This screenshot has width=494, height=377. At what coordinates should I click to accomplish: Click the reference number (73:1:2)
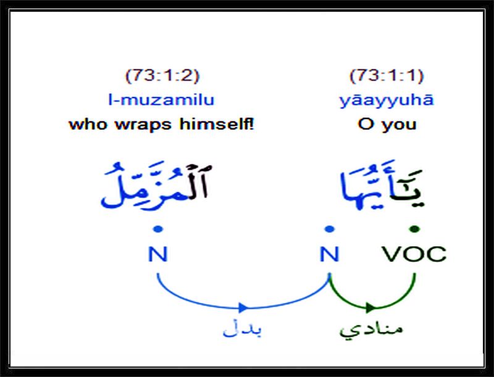coord(162,76)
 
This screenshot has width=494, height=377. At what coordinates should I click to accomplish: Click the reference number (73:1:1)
coord(387,76)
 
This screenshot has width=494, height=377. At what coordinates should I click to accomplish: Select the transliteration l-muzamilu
coord(161,100)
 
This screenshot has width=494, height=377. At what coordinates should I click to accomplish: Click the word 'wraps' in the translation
coord(143,125)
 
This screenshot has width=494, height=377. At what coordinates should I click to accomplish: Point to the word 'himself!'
coord(217,123)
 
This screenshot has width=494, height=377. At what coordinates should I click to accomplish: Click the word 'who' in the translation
coord(88,123)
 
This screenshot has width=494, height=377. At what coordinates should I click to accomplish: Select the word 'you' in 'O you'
coord(399,125)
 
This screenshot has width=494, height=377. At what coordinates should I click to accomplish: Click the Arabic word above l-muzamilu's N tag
coord(156,186)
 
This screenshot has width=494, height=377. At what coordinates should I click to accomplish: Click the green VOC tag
coord(414,254)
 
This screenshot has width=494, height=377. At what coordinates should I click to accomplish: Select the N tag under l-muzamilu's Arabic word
coord(157,254)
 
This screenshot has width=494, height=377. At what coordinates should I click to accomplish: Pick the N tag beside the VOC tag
coord(329,254)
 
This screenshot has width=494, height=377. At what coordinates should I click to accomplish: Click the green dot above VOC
coord(414,229)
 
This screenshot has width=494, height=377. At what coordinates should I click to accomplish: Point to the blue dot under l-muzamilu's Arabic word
coord(158,229)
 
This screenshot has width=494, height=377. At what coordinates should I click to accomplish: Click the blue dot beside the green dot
coord(329,229)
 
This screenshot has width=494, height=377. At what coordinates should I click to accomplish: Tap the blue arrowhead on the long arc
coord(243,307)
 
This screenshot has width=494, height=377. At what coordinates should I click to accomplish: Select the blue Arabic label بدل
coord(242,329)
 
